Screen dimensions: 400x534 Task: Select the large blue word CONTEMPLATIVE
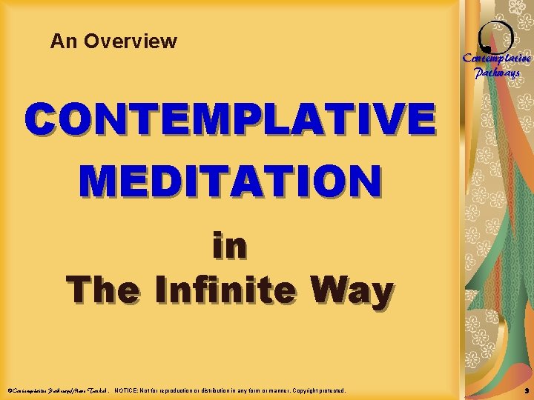230,120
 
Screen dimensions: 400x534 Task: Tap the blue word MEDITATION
230,181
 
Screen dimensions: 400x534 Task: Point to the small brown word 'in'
229,246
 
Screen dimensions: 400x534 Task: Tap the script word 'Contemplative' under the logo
496,59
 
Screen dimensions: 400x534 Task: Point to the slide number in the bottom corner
524,390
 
